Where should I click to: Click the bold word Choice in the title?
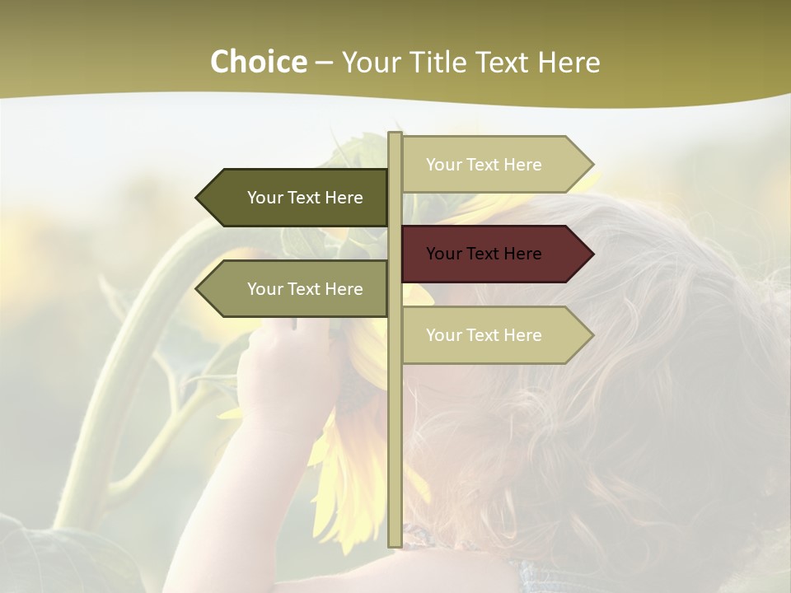258,63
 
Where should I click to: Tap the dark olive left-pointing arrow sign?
297,198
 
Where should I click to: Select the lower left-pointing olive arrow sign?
297,289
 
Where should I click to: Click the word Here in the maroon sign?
522,254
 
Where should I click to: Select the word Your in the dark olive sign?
264,198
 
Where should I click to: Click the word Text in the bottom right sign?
483,335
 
